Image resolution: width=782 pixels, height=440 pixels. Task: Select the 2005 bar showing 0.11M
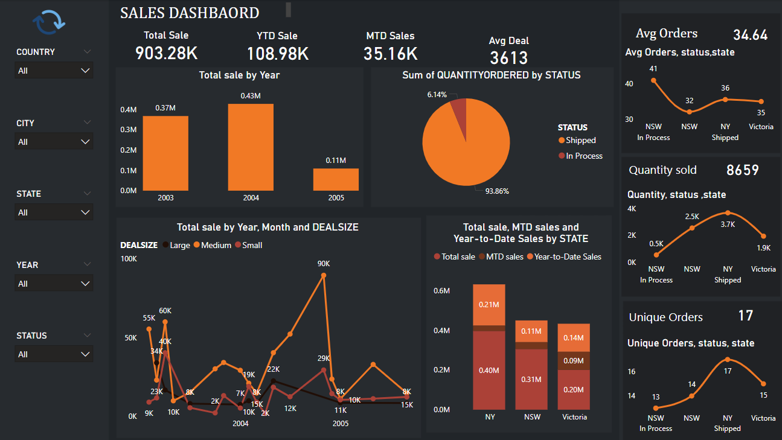(x=336, y=179)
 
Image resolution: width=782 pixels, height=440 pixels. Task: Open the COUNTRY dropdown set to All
(x=54, y=71)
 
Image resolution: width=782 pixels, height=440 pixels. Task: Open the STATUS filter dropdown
(x=54, y=354)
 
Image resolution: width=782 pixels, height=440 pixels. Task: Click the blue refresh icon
(x=49, y=22)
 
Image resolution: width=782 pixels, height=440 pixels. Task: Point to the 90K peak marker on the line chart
(x=324, y=275)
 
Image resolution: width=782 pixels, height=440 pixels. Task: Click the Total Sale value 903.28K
(x=166, y=54)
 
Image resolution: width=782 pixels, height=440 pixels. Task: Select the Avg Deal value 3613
(x=508, y=58)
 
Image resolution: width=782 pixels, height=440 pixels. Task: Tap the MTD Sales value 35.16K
(x=390, y=54)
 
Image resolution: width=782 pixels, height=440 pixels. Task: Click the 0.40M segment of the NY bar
(x=489, y=369)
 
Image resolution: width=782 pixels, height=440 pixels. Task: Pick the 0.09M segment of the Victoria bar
(x=574, y=360)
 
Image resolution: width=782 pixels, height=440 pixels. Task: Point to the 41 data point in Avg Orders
(x=653, y=80)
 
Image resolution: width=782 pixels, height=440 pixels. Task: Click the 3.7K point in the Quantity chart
(x=728, y=212)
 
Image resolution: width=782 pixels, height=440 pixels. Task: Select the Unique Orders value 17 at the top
(x=746, y=315)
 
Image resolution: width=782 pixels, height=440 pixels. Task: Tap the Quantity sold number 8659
(x=742, y=170)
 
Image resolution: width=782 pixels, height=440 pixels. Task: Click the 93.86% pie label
(x=497, y=191)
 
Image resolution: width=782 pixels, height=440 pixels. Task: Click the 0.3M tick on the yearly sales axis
(x=129, y=130)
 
